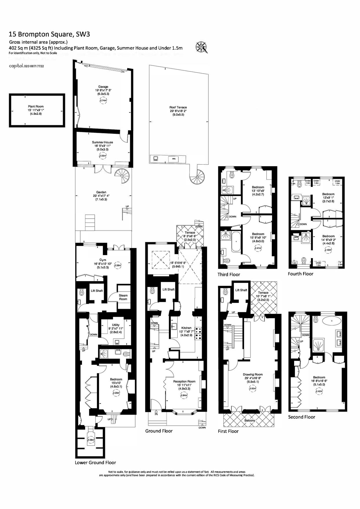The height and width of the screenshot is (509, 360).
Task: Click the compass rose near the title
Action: click(x=202, y=47)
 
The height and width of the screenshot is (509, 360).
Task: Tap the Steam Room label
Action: click(x=123, y=297)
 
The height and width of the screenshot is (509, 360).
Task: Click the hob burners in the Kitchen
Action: click(x=199, y=333)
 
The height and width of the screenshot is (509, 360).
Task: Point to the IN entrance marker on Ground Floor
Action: click(x=156, y=414)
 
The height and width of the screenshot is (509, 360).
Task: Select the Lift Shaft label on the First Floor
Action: click(x=241, y=290)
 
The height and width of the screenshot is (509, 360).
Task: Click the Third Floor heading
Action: click(x=228, y=274)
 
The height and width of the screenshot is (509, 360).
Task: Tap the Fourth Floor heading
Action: click(x=300, y=273)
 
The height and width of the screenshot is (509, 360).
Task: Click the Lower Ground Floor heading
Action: click(x=95, y=463)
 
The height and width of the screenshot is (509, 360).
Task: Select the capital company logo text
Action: click(x=16, y=66)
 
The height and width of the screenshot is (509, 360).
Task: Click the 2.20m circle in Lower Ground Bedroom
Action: click(x=116, y=392)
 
